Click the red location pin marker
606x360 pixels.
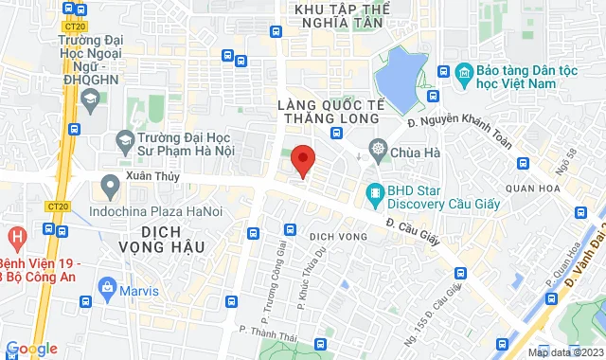302,159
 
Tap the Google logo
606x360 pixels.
30,350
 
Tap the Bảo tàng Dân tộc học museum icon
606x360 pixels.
464,72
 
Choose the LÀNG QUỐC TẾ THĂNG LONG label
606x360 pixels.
328,111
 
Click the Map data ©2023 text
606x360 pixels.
564,352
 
